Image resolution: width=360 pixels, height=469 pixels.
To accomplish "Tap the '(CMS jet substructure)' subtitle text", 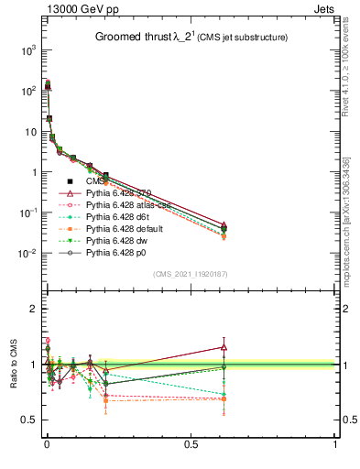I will [243, 38].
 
